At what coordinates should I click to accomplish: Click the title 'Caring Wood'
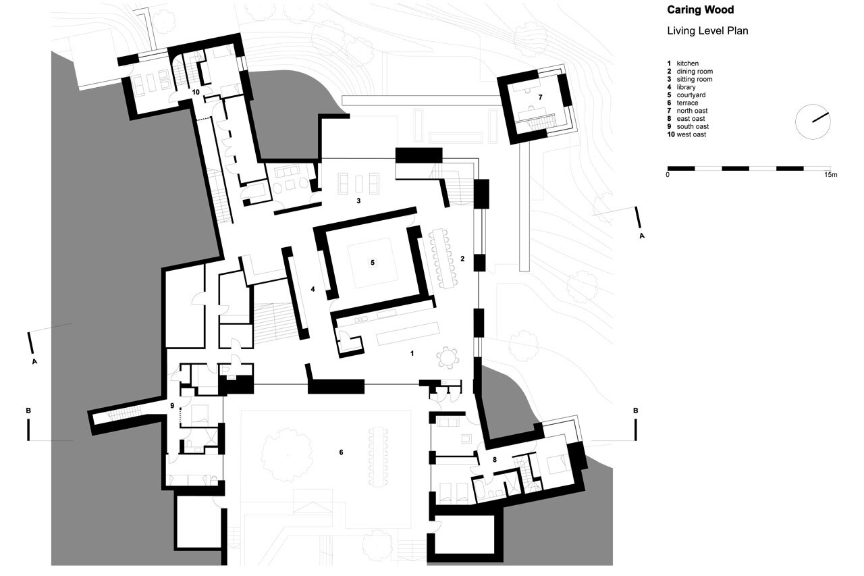click(700, 10)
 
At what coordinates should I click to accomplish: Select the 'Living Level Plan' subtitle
click(707, 31)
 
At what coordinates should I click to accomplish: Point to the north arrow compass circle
click(812, 122)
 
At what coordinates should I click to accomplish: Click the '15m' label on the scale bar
click(830, 175)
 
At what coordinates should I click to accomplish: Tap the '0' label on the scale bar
click(668, 175)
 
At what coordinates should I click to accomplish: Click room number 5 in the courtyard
click(371, 262)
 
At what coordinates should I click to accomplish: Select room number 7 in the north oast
click(540, 97)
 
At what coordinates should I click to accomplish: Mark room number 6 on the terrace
click(341, 452)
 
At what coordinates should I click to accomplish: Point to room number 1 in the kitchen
click(412, 352)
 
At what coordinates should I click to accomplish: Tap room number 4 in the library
click(313, 289)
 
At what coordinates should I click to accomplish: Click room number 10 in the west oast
click(196, 90)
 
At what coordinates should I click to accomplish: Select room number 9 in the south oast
click(172, 406)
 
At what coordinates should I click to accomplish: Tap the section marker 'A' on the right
click(641, 236)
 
